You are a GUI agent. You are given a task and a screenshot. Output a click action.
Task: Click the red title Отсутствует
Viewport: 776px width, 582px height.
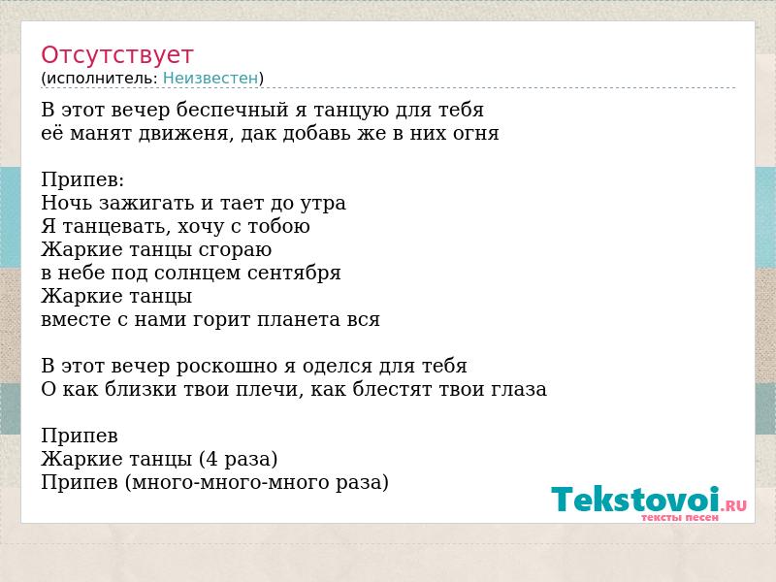pos(116,55)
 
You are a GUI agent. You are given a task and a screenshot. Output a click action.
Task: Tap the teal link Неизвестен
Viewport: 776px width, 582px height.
pos(210,79)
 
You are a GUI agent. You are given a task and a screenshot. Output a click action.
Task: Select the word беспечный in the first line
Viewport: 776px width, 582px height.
pos(232,110)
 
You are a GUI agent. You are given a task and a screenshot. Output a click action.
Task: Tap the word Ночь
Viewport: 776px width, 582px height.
pos(67,203)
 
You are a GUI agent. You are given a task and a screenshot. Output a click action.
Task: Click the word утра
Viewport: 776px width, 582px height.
pos(323,204)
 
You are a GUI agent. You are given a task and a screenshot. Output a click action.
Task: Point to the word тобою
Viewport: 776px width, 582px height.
pos(278,226)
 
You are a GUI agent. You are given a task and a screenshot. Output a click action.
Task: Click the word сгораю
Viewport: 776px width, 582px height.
pos(235,250)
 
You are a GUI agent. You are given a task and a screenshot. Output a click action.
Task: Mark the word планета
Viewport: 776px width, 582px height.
pos(291,320)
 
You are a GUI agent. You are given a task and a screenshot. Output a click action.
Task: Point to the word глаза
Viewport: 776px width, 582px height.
pos(519,390)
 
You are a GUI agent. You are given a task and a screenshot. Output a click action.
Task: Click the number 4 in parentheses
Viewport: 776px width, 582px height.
pos(211,459)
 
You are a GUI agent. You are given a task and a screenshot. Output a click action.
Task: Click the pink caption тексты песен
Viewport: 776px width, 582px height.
pos(680,518)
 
